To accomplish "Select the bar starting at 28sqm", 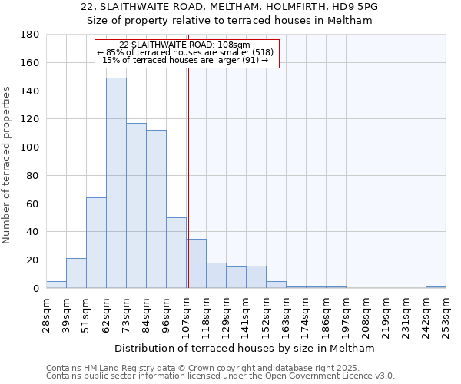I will click(x=56, y=285).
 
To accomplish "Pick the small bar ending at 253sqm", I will click(x=436, y=287).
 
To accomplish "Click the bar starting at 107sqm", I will click(x=196, y=263).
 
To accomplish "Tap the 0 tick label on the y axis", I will click(x=35, y=289).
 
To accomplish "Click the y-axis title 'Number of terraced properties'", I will click(x=8, y=165).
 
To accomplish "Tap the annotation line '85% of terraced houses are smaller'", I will click(x=185, y=52).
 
